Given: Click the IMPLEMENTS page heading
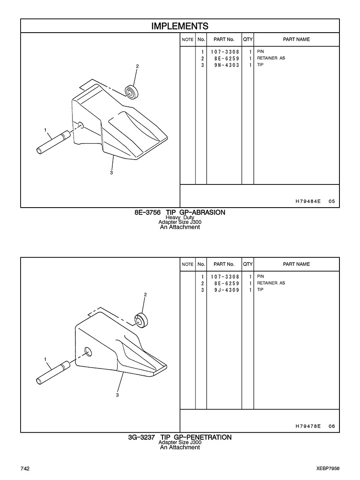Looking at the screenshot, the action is coord(180,26).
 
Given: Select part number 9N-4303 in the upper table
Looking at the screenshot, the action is coord(227,65).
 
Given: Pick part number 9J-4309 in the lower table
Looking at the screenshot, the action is coord(227,290).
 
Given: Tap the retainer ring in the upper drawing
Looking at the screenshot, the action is coord(132,91).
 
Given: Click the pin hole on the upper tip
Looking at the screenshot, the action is coord(81,124).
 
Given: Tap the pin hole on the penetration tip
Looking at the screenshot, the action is coord(88,351).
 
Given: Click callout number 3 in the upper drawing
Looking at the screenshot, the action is coord(111,172).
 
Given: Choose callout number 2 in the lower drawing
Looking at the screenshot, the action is coord(145,295).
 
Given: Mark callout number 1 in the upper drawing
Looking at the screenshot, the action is coord(45,130).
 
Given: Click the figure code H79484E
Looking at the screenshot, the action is coord(308,201).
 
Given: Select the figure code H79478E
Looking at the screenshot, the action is coord(308,426).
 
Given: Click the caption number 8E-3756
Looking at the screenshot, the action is coord(147,212).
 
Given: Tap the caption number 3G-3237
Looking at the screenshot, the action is coord(141,437).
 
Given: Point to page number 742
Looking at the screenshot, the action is coord(25,469).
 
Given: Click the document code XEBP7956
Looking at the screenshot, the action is coord(328,469).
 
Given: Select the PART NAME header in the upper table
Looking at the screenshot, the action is coord(296,39).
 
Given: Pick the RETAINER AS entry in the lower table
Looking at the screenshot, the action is coord(271,283).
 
